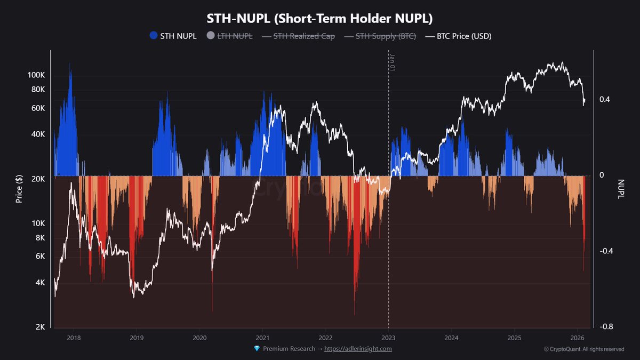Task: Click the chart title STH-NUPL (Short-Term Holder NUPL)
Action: pos(319,18)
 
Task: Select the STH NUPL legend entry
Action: pos(173,36)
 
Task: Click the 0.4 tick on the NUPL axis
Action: pos(604,100)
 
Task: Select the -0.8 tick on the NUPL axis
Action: pos(605,327)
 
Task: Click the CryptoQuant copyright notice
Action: pos(583,349)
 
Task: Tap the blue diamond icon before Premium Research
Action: pos(257,349)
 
